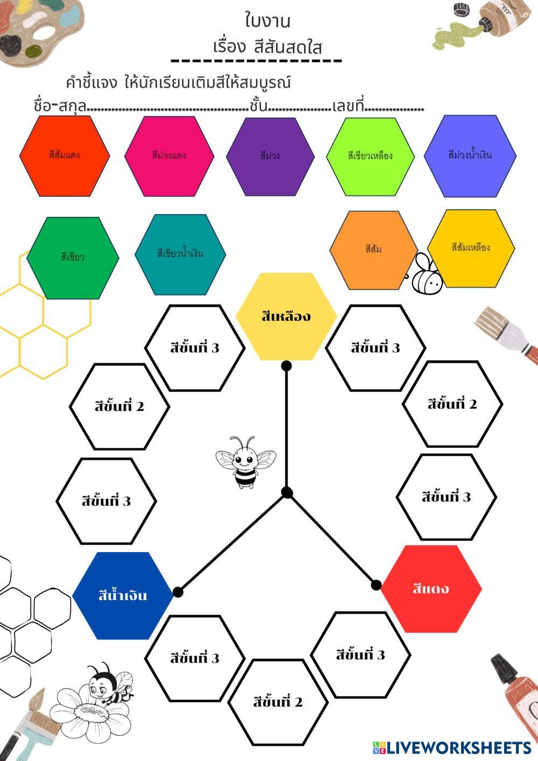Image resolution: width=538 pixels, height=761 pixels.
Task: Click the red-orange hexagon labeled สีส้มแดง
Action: [65, 156]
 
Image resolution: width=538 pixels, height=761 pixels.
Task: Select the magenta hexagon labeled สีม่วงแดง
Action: [169, 156]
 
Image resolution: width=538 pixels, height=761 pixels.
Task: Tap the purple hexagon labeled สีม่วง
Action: [270, 156]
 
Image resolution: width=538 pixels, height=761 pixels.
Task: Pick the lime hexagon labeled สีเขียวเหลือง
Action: [370, 156]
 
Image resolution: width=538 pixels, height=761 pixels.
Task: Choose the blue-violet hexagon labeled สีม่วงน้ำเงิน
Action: [470, 156]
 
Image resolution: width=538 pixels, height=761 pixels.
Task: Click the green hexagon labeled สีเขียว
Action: [73, 257]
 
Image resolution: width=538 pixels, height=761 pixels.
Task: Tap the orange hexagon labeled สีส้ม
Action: [373, 250]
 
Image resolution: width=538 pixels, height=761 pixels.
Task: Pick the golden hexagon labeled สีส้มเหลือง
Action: [471, 248]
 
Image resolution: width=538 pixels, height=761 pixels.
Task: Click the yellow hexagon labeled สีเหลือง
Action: [286, 316]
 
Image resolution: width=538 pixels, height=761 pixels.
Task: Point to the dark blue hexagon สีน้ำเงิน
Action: [123, 596]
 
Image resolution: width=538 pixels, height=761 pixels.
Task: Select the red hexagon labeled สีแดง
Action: [431, 588]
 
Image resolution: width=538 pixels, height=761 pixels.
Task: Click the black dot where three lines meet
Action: [287, 492]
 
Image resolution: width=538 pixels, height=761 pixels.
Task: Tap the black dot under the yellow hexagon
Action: [286, 366]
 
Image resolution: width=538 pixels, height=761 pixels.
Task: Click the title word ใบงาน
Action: [267, 22]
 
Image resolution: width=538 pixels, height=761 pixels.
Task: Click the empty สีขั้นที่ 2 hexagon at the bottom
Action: [278, 702]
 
